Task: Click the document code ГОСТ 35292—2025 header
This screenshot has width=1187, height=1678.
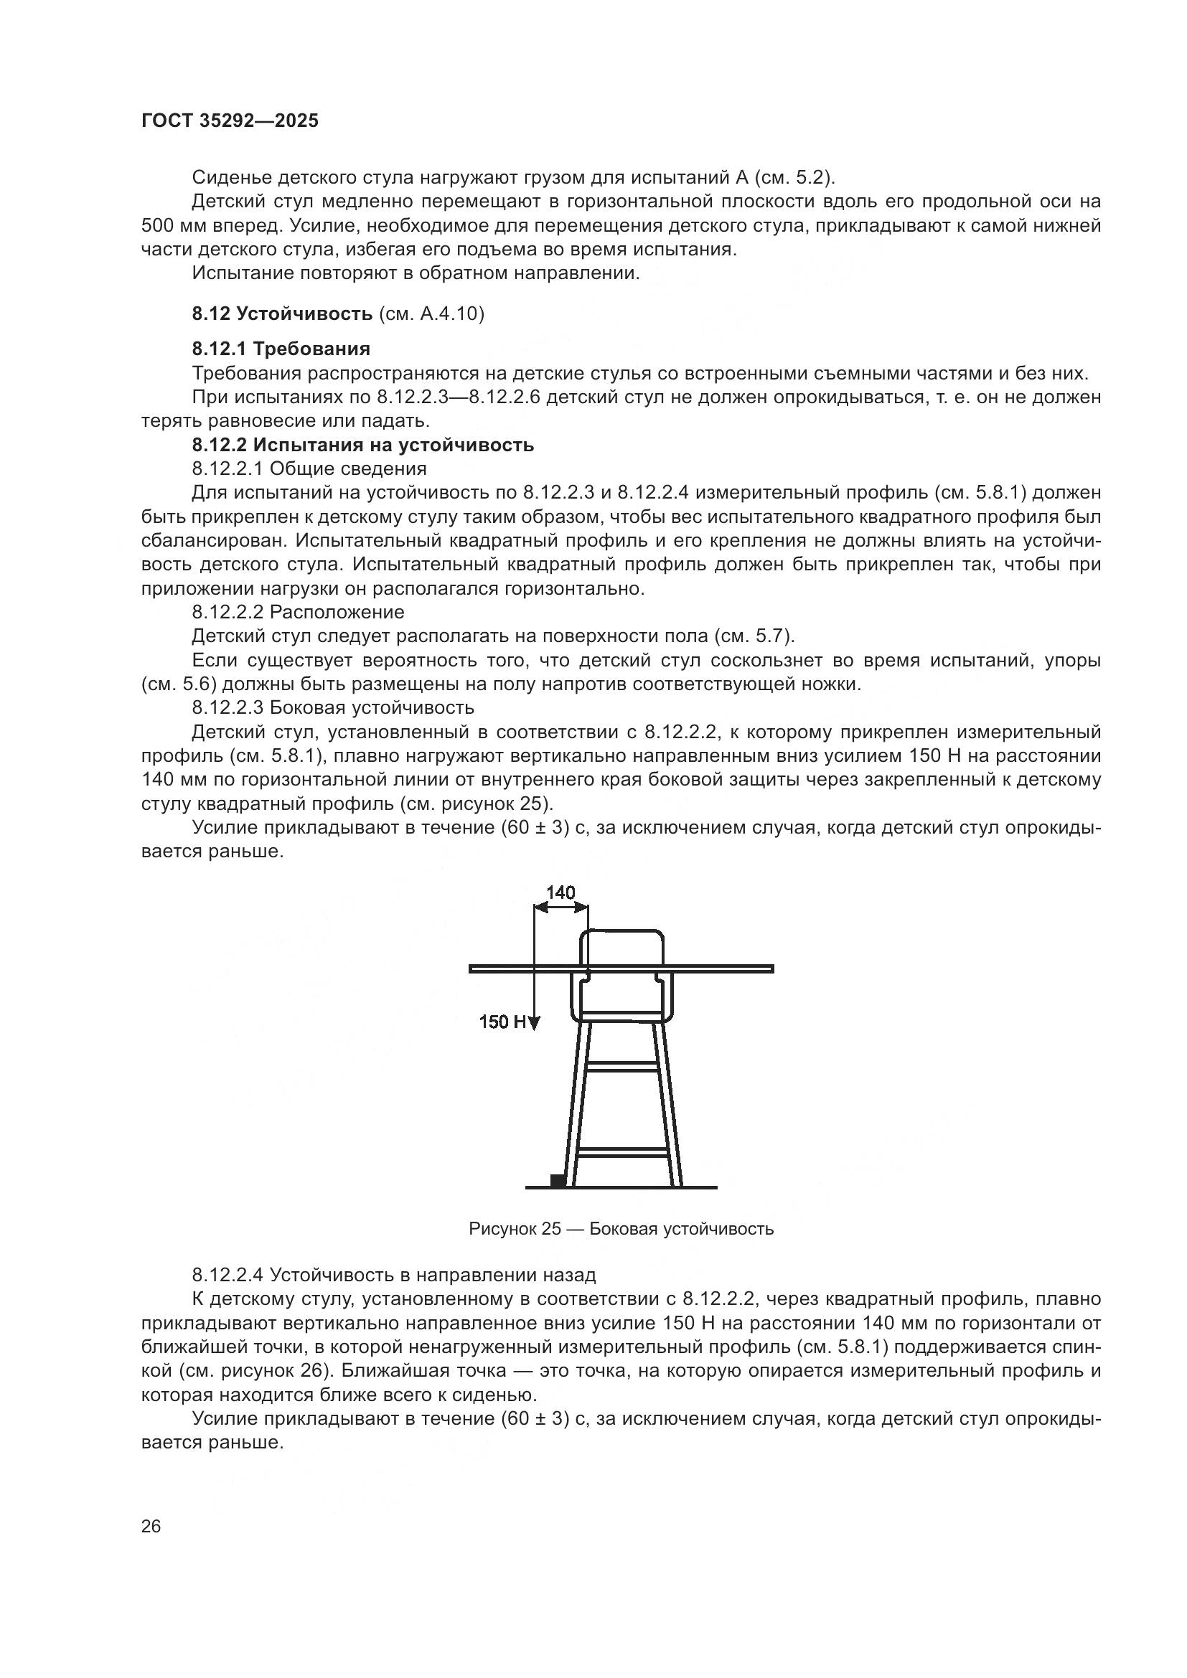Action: point(230,121)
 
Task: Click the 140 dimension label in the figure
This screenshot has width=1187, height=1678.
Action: point(560,892)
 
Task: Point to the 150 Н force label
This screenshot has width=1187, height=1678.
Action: point(503,1022)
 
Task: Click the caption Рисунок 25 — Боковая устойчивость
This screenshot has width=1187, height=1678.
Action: point(621,1228)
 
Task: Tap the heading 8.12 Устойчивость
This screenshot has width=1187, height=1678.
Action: point(282,314)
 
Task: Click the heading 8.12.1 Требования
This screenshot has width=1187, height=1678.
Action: point(281,349)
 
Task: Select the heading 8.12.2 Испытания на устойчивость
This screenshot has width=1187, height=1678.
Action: point(362,445)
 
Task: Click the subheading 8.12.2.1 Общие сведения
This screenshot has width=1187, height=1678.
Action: point(309,468)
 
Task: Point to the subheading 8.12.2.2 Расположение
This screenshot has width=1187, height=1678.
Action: point(298,612)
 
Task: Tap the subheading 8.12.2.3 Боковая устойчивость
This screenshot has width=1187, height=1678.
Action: point(332,707)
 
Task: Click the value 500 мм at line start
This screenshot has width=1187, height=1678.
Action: point(169,225)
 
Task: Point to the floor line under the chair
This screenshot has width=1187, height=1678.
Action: point(621,1167)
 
